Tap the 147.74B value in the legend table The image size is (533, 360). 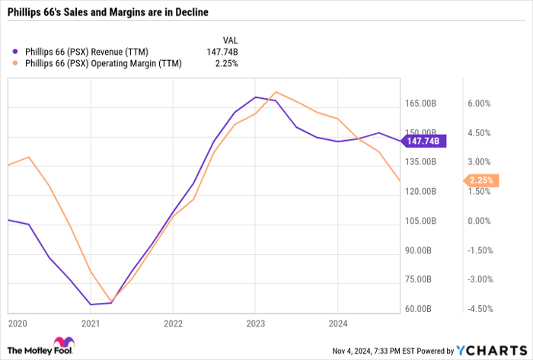[222, 51]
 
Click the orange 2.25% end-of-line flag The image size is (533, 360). [481, 180]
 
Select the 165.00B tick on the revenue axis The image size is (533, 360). [420, 104]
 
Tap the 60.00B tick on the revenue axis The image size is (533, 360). [421, 309]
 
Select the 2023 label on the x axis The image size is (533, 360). [254, 323]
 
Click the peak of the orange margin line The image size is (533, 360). [275, 92]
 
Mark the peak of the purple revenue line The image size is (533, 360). [256, 97]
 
